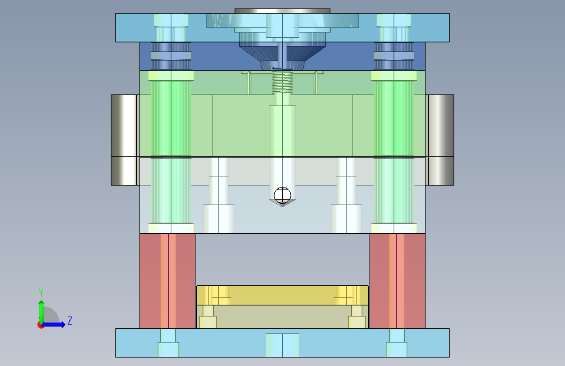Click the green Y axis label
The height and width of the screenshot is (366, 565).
tap(41, 292)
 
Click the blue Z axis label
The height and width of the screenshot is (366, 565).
tap(70, 320)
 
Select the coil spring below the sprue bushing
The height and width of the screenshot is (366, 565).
tap(282, 82)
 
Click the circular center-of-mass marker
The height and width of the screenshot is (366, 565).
tap(282, 195)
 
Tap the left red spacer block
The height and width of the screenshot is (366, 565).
tap(167, 281)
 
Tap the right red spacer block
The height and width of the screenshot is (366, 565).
tap(398, 281)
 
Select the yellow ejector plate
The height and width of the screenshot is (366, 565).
tap(283, 295)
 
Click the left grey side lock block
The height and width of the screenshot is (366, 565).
tap(124, 140)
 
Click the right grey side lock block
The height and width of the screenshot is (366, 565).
tap(440, 140)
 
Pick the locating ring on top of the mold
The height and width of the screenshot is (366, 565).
tap(283, 11)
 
